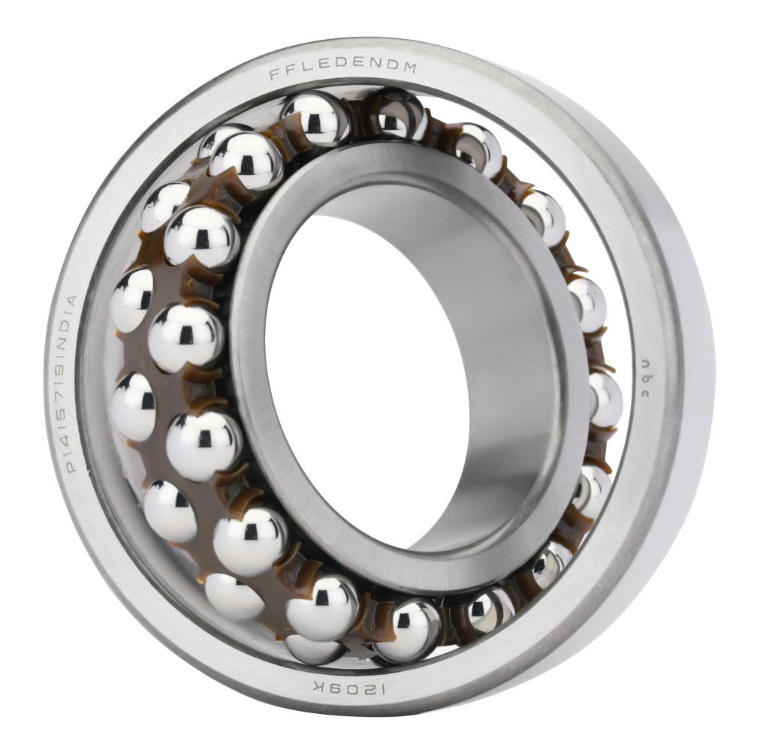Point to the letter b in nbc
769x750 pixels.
tap(644, 376)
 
